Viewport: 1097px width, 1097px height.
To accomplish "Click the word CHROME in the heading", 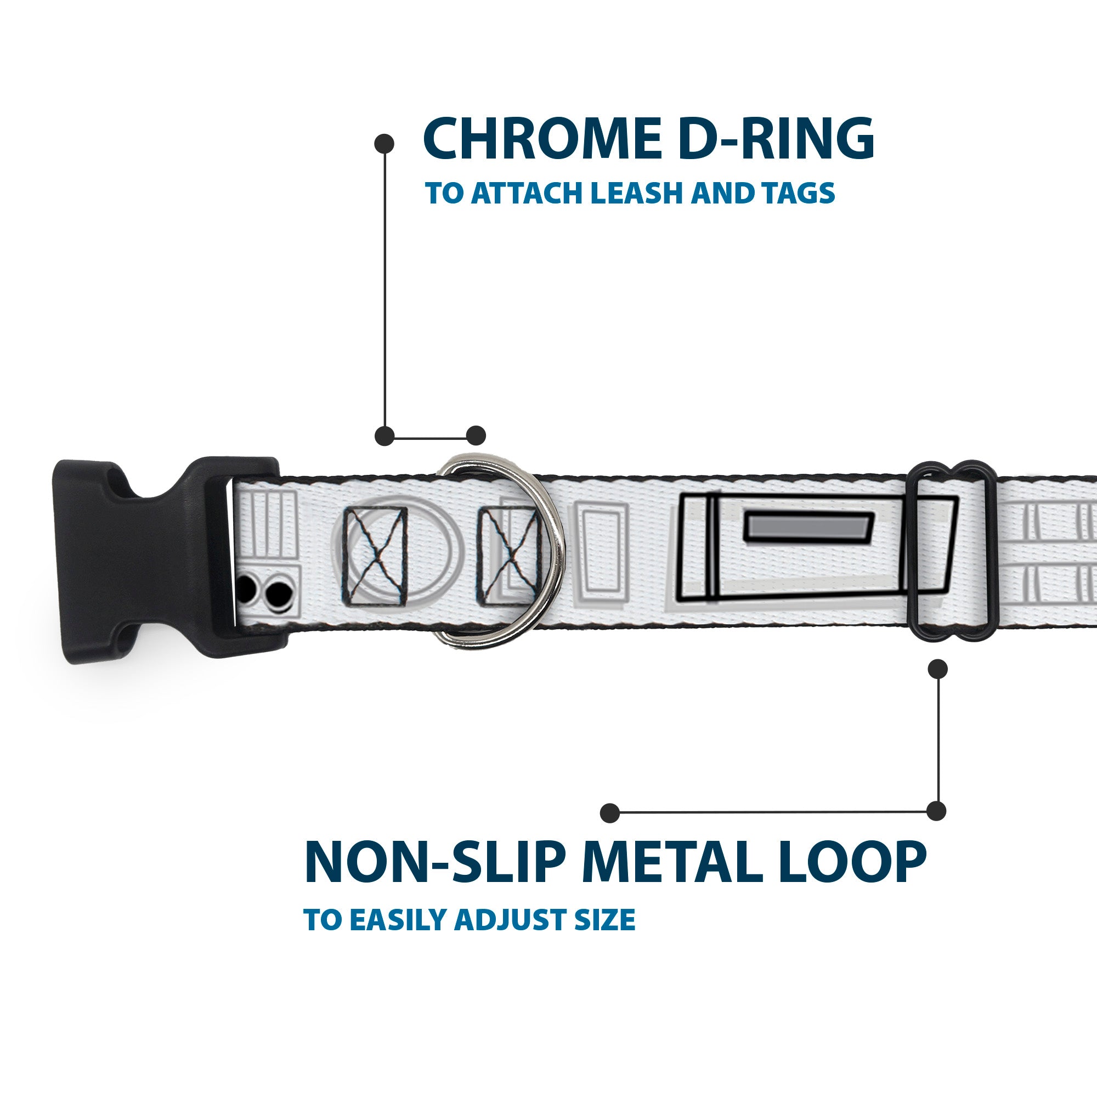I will (x=542, y=140).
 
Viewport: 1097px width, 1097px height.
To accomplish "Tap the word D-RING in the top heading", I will (x=776, y=140).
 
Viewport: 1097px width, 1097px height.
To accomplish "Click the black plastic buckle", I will (x=142, y=559).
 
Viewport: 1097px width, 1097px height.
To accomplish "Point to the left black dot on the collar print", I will (x=245, y=594).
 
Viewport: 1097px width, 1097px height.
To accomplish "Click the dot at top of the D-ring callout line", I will (x=385, y=143).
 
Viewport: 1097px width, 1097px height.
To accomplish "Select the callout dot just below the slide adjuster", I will (x=937, y=669).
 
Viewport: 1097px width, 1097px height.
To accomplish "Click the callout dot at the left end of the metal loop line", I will (x=610, y=813).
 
